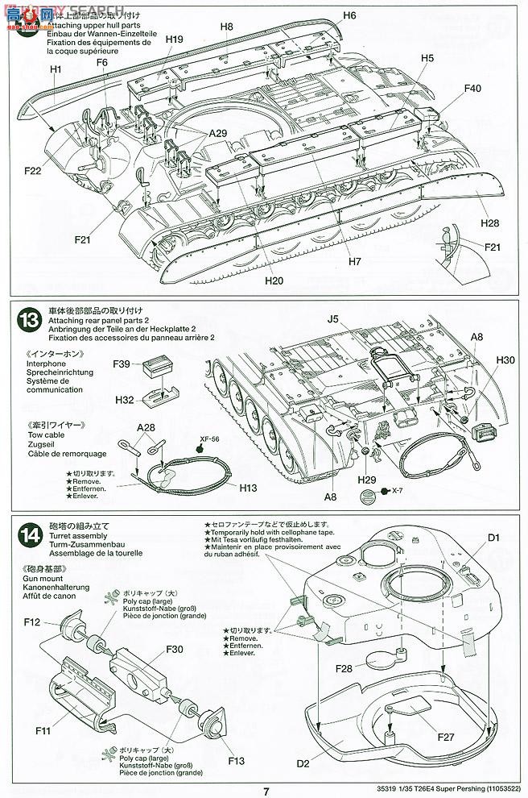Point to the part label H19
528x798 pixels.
coord(175,39)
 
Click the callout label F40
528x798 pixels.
coord(472,88)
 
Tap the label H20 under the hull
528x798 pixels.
coord(274,281)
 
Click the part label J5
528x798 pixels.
coord(333,319)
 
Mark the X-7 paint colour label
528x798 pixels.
coord(398,491)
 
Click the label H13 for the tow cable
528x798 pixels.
coord(249,488)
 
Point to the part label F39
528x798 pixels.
coord(123,364)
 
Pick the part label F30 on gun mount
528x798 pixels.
coord(175,650)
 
